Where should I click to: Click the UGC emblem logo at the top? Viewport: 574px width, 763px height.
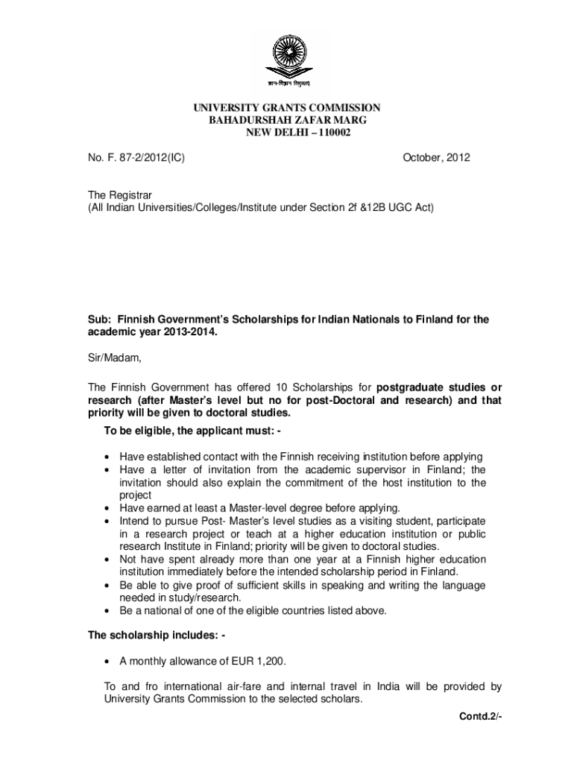click(289, 59)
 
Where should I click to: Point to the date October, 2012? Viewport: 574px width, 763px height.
click(436, 158)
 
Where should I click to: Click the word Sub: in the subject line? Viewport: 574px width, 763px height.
click(99, 319)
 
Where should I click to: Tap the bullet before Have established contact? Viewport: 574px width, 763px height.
click(110, 457)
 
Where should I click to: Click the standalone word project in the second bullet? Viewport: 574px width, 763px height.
click(136, 495)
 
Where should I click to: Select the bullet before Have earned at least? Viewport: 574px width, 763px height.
click(110, 507)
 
